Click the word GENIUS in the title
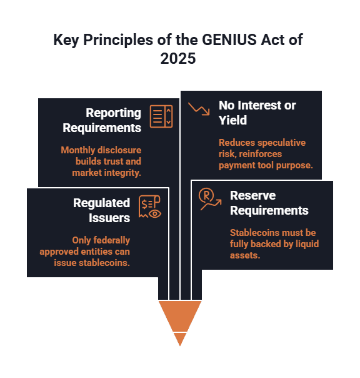click(229, 39)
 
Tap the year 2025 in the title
click(178, 59)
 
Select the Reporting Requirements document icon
click(161, 116)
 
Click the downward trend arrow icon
click(199, 109)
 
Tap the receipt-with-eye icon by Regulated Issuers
click(150, 207)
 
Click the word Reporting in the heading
click(113, 113)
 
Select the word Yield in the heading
click(233, 120)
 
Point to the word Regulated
click(102, 203)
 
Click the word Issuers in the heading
click(109, 218)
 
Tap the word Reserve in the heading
click(253, 195)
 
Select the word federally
click(111, 240)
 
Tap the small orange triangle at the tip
click(180, 339)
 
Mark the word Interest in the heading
click(260, 105)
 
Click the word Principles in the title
click(118, 40)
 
